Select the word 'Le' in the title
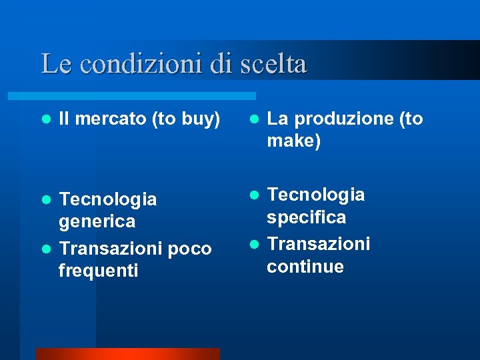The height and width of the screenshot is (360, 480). click(x=53, y=64)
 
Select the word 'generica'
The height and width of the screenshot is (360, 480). click(x=97, y=221)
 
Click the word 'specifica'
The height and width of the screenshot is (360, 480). click(x=306, y=217)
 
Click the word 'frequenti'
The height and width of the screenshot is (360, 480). click(x=98, y=271)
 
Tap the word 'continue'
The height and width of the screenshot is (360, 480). click(x=305, y=267)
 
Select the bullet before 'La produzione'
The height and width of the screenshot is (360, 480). click(x=254, y=119)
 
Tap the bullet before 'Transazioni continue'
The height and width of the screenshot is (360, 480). click(x=254, y=245)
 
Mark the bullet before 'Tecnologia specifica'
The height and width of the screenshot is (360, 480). click(x=254, y=195)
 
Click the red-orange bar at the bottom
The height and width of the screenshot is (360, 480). click(x=127, y=353)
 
